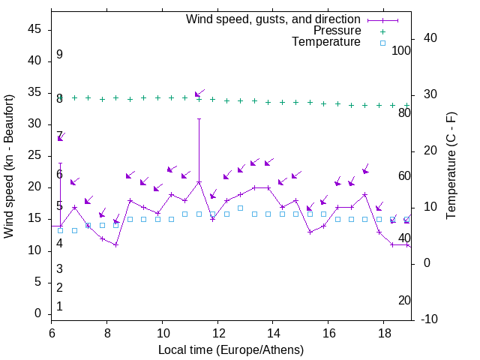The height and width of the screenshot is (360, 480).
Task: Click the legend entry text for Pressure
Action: click(337, 31)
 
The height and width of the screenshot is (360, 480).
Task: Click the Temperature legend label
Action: click(326, 43)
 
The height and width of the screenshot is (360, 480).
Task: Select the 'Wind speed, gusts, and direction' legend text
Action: click(274, 19)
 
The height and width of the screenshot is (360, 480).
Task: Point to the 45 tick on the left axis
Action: click(34, 29)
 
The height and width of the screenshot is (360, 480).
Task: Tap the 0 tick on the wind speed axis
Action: click(38, 313)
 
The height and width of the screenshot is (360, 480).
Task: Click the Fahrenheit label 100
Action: click(401, 51)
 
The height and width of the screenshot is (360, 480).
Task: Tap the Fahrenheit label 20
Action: click(404, 301)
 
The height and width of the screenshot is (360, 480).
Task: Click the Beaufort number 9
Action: click(59, 55)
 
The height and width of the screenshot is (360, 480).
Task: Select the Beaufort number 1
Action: click(59, 306)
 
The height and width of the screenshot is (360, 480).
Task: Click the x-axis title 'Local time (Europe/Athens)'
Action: click(231, 350)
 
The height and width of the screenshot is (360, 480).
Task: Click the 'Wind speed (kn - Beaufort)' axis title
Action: click(10, 166)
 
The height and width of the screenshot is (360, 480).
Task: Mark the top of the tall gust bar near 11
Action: click(199, 118)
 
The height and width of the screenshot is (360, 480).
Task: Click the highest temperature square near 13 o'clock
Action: click(240, 208)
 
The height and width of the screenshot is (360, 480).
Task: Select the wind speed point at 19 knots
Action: click(364, 194)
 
